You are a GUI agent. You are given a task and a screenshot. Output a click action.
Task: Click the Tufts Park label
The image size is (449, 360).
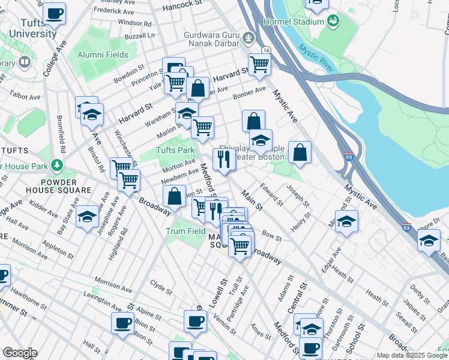[175, 151]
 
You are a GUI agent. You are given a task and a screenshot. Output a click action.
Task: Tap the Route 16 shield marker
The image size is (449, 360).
[266, 50]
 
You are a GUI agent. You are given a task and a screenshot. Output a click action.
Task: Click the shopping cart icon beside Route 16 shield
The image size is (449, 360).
[259, 63]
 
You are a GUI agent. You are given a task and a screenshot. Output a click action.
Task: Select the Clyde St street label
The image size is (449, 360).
[161, 287]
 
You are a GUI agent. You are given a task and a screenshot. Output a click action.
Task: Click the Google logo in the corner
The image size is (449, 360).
[19, 353]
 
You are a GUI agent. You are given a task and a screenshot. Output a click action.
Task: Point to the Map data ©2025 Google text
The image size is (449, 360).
[412, 355]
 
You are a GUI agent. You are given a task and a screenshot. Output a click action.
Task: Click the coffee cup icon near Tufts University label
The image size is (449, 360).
[54, 13]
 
